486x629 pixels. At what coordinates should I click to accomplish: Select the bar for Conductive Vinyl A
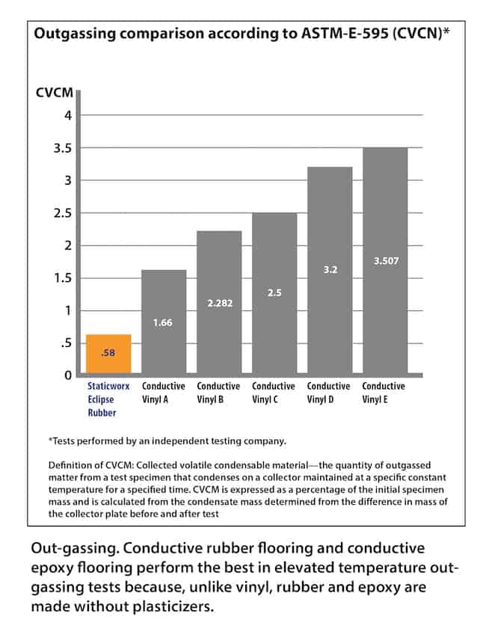tap(164, 322)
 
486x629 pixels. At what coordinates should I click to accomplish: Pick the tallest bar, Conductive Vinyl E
tap(385, 261)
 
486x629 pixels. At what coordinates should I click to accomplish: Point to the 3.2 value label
tap(330, 270)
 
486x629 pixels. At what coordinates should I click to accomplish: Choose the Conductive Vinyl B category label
tap(219, 393)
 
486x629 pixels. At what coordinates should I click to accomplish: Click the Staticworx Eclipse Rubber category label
tap(108, 399)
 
